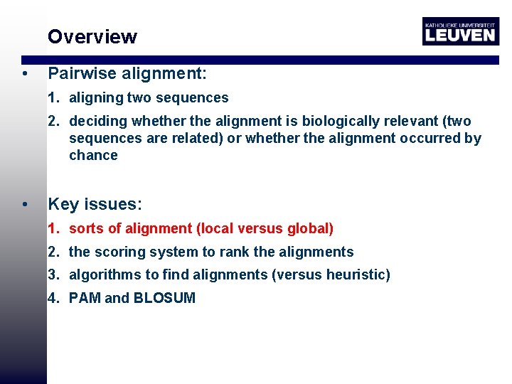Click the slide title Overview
pos(92,37)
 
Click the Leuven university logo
pos(460,31)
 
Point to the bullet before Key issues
pos(24,206)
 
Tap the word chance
pos(93,156)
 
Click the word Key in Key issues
pos(63,205)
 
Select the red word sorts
pos(86,229)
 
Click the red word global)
pos(310,229)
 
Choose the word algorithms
pos(102,275)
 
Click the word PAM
pos(85,299)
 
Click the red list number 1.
pos(53,229)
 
